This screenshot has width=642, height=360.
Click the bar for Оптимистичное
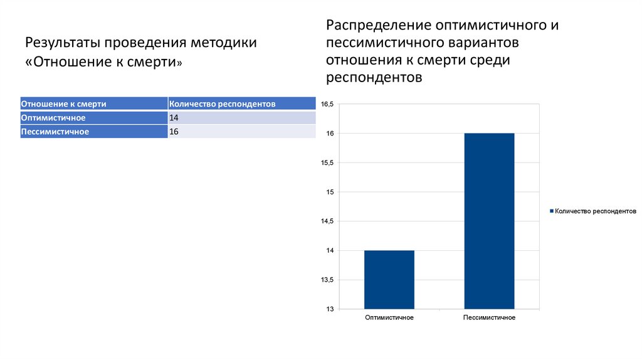pos(389,280)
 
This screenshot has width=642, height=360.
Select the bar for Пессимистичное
pos(489,221)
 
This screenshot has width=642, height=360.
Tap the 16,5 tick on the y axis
pos(328,104)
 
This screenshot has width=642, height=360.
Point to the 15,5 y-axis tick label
pos(328,163)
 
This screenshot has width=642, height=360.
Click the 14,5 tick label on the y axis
pos(328,221)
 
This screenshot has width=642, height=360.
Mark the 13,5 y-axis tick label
pos(328,280)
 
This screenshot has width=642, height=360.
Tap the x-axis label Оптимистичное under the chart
pos(389,318)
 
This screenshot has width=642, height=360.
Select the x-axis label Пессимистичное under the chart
pos(489,318)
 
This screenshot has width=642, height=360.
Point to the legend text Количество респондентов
pos(596,212)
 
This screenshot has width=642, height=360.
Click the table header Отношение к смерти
pos(63,103)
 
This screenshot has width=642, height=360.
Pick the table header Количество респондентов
pos(223,103)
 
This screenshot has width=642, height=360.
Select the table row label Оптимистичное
pos(53,118)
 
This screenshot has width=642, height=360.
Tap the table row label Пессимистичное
pos(55,132)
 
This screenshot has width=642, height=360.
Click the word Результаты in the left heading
pos(62,43)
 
